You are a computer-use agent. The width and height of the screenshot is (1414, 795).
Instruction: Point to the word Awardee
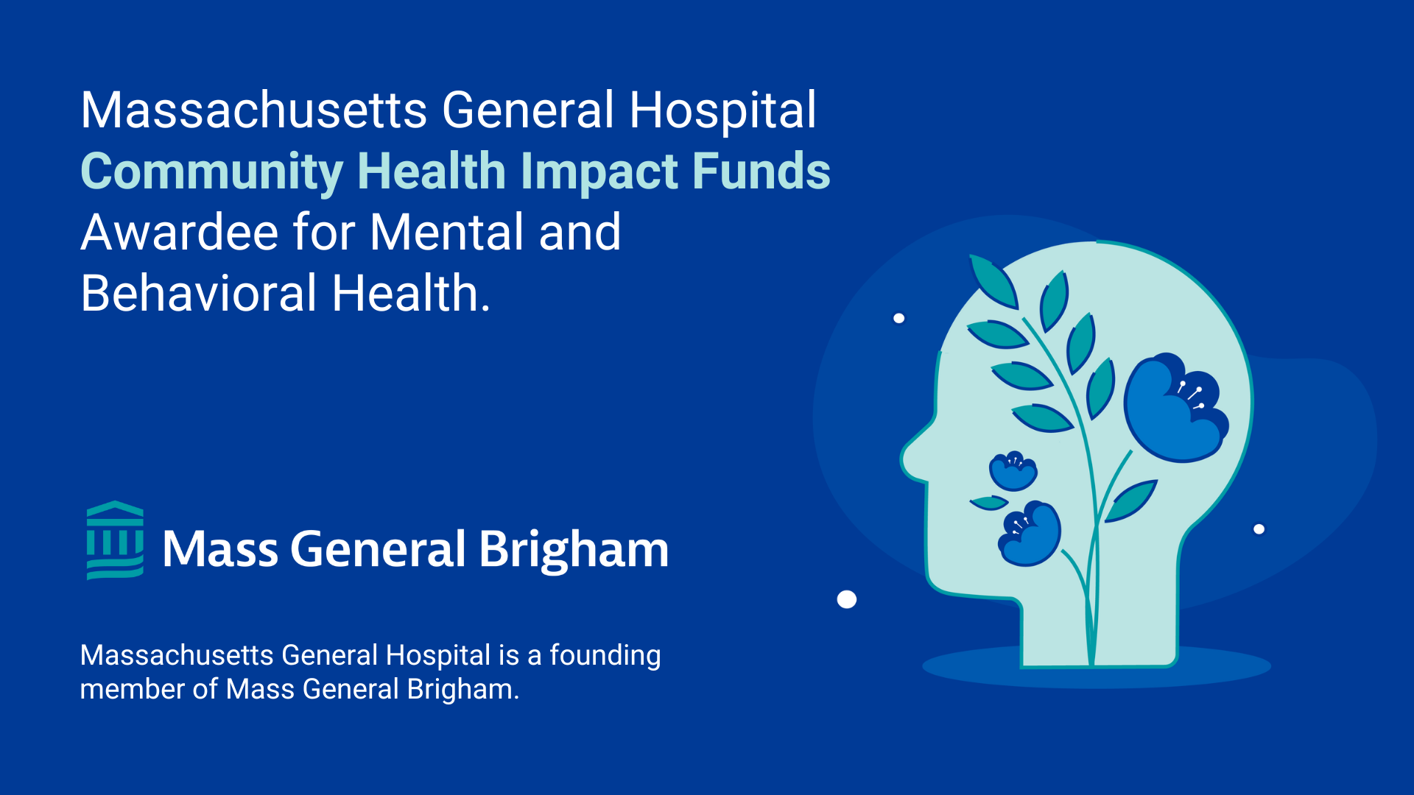click(x=179, y=233)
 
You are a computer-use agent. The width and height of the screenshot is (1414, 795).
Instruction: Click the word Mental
click(x=447, y=233)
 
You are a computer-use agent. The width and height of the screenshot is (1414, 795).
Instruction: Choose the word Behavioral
click(x=199, y=294)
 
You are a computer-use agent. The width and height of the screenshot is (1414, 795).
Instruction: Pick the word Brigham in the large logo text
click(x=574, y=551)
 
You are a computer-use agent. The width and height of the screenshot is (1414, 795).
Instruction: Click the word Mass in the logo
click(x=220, y=550)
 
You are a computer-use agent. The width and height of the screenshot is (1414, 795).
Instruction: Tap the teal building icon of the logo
click(x=115, y=540)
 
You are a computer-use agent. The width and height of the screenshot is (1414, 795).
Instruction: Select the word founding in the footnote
click(x=605, y=656)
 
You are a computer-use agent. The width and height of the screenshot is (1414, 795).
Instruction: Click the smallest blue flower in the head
click(x=1013, y=471)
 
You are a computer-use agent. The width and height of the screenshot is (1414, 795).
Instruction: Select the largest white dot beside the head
click(x=847, y=600)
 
